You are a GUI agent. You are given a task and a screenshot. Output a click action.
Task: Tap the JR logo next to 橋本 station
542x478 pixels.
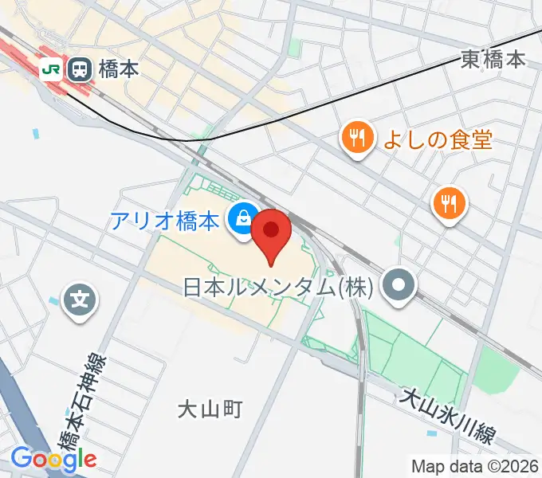click(51, 69)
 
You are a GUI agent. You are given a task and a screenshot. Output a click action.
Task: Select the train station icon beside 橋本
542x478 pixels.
click(80, 69)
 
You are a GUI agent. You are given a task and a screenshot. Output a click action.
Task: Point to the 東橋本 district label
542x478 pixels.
click(493, 58)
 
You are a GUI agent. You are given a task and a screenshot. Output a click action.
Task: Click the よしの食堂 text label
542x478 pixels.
click(438, 140)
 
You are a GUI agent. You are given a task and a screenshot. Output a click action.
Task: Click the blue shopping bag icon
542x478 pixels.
click(240, 217)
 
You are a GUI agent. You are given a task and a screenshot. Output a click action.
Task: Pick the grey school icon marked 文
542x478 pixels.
click(81, 301)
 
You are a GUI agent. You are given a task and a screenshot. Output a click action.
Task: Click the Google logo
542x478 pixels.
click(53, 458)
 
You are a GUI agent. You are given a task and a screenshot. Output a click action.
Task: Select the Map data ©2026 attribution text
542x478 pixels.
click(474, 466)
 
